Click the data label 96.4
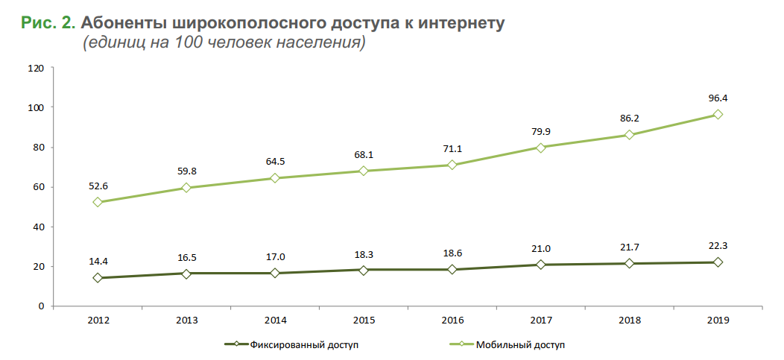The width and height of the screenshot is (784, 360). pos(718,98)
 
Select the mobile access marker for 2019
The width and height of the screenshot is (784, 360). pos(718,114)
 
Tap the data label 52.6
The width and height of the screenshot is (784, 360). pos(98,186)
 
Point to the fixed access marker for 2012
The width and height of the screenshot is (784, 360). pos(98,278)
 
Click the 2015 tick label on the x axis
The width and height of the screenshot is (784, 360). pos(364,320)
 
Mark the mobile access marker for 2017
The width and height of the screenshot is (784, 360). pos(541,148)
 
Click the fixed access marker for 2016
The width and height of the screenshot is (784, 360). pos(452,269)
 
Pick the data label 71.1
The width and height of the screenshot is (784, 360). pos(452,149)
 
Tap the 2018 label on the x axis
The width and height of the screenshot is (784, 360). pos(629,320)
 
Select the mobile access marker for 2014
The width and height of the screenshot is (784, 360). pos(275,178)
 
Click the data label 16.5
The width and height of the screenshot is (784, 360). pos(187,258)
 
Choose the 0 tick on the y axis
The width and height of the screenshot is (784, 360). pos(41,306)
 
